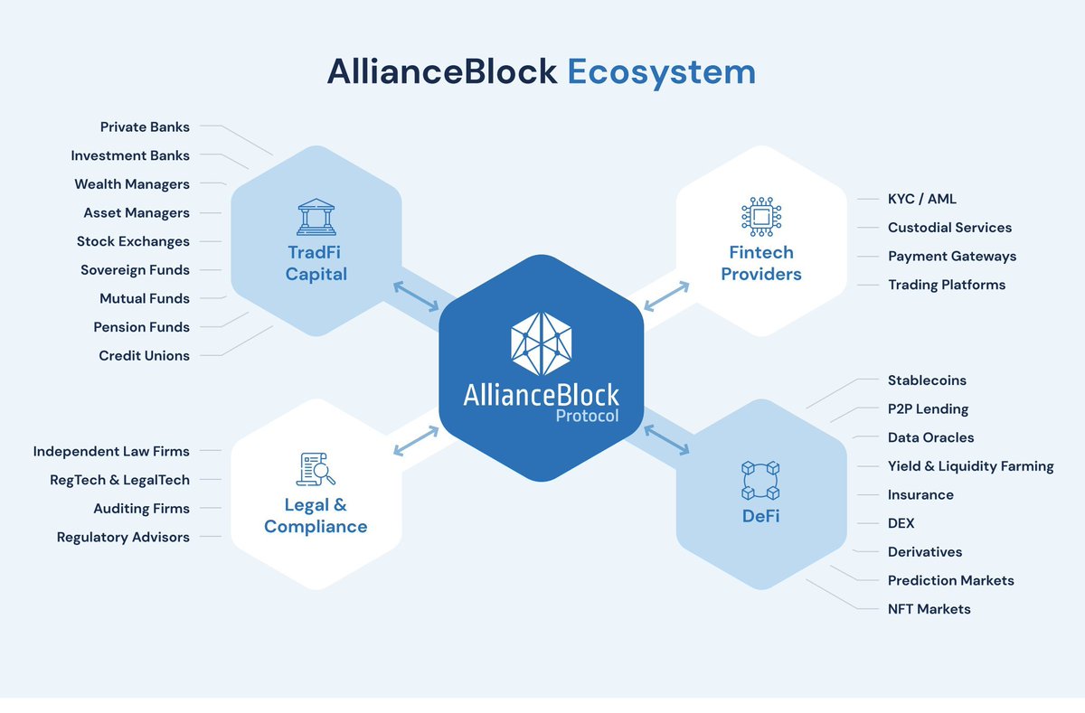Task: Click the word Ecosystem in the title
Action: point(661,71)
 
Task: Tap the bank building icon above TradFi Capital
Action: point(316,218)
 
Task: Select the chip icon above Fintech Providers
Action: point(761,217)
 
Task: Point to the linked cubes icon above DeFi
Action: point(760,481)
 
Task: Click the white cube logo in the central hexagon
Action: point(542,344)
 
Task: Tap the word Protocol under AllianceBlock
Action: point(588,417)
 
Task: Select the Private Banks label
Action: point(145,127)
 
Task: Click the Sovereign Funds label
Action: point(135,269)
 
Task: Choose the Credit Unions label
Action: point(144,355)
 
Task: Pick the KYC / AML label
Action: point(921,199)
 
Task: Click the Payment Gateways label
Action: point(951,256)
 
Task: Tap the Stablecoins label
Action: point(927,380)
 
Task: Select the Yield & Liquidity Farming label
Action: point(970,466)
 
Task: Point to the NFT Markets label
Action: point(929,609)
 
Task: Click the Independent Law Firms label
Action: point(111,451)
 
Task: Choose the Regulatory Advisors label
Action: point(123,537)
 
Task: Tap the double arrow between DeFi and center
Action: point(665,437)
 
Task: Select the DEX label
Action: point(901,523)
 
